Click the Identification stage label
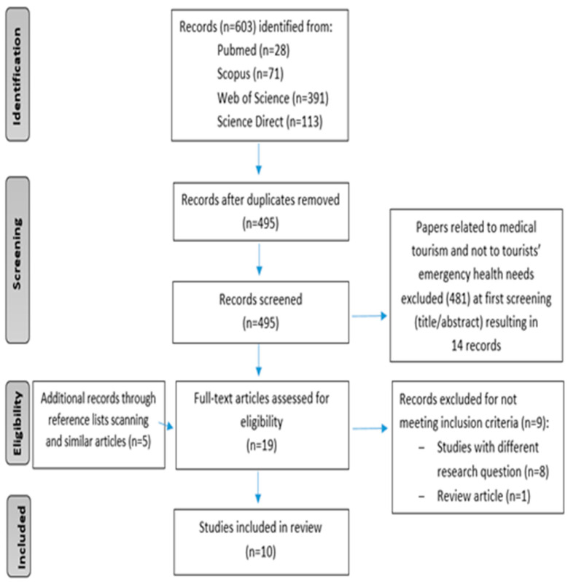click(17, 74)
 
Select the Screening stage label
click(17, 260)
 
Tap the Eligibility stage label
click(17, 423)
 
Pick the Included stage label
click(18, 536)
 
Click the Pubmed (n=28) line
click(253, 50)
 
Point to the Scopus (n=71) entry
click(250, 74)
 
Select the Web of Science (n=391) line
click(273, 98)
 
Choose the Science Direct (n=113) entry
click(270, 122)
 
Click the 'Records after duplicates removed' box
click(261, 212)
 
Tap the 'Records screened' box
click(260, 312)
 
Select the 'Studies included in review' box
click(261, 543)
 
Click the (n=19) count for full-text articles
click(262, 445)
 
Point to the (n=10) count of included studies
click(260, 552)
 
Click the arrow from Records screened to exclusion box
click(370, 316)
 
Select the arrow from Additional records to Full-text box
click(166, 425)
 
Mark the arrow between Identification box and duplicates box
click(259, 159)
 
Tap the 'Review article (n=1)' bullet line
click(475, 496)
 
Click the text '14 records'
click(476, 346)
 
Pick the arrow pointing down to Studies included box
click(258, 487)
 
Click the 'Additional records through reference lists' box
click(98, 424)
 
